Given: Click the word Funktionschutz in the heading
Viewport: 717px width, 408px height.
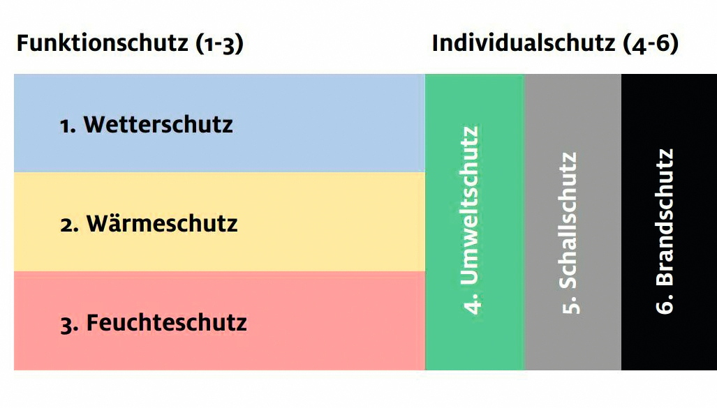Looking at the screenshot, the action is tap(103, 43).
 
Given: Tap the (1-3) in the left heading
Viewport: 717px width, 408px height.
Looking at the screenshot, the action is tap(220, 45).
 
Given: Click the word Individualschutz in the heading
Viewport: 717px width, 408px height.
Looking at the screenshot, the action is tap(524, 43).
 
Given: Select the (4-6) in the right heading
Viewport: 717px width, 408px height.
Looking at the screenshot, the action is tap(651, 45).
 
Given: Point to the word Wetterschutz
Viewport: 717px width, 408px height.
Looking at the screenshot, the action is tap(158, 124).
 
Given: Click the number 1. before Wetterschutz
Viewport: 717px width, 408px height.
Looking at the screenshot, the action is tap(68, 126).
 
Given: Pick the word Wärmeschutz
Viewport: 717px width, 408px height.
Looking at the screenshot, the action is tap(163, 223).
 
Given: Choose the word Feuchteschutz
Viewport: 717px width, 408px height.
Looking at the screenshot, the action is tap(166, 322).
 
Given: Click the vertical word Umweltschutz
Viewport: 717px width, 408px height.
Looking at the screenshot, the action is tap(469, 206).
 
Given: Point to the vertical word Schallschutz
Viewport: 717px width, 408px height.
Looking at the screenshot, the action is tap(568, 220).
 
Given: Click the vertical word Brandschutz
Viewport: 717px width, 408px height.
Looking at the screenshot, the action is tap(665, 217).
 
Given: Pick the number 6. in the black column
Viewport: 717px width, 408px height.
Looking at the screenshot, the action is tap(665, 304).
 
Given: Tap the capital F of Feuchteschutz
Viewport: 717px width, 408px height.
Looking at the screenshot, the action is tap(93, 322).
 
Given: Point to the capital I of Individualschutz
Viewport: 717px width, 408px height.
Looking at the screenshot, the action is tap(436, 44).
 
